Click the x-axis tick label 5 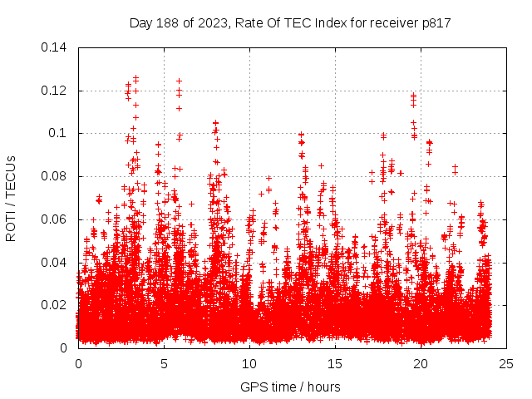point(164,363)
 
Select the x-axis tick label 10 point(249,363)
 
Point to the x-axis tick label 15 point(335,363)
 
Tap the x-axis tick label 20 point(421,363)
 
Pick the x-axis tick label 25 point(506,363)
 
